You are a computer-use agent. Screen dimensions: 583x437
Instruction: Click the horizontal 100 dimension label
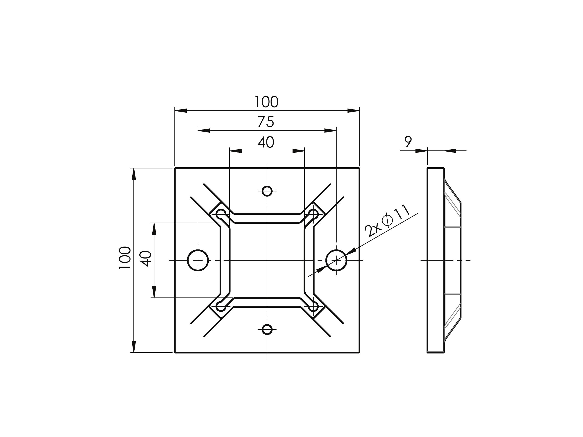[266, 102]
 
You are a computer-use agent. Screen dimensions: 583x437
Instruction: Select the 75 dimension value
[266, 122]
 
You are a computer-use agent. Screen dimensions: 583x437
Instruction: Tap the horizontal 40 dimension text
[266, 142]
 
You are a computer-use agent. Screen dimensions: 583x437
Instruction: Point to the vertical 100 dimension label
[125, 258]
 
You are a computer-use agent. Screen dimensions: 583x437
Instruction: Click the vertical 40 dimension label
[146, 259]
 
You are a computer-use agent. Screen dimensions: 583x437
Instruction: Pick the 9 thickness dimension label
[408, 142]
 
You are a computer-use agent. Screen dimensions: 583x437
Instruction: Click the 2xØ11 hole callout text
[387, 221]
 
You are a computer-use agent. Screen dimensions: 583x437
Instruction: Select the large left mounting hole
[198, 260]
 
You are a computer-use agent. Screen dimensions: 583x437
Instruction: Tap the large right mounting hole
[336, 260]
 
